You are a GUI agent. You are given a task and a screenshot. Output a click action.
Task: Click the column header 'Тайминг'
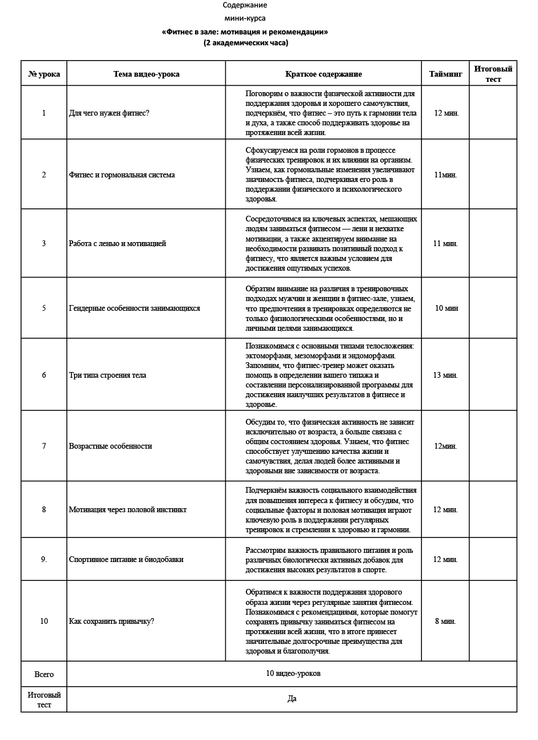pos(445,74)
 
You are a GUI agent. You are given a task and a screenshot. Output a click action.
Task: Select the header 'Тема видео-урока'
pos(146,74)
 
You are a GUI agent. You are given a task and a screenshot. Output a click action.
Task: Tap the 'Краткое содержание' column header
pos(323,74)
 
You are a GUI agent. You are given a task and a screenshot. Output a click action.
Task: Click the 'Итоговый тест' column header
pos(493,74)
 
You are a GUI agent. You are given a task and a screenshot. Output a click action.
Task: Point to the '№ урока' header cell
pos(44,74)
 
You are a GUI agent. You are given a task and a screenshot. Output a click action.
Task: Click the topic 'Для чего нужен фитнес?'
pos(109,113)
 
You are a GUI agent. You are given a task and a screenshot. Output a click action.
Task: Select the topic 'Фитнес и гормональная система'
pos(122,175)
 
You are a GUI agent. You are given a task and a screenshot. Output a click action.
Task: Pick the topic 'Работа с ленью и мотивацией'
pos(117,243)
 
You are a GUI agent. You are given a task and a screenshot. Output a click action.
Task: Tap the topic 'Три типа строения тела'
pos(107,375)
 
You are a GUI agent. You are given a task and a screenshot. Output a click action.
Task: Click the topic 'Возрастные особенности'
pos(110,446)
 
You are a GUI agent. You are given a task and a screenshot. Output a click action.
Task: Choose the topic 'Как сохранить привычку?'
pos(111,621)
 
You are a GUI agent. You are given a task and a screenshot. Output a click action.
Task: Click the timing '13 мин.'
pos(445,375)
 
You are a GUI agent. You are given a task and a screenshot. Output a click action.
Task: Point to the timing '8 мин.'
pos(445,621)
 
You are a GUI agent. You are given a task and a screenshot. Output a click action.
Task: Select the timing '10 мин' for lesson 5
pos(447,308)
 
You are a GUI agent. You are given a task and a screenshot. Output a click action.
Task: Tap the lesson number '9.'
pos(44,559)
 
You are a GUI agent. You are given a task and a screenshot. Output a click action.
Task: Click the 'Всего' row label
pos(44,674)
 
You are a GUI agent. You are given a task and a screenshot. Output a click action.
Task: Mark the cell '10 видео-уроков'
pos(293,673)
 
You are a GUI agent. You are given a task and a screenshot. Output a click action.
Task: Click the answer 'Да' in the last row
pos(292,698)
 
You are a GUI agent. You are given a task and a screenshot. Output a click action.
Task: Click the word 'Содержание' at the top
pos(245,5)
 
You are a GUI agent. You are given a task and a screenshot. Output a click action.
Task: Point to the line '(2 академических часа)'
pos(245,43)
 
